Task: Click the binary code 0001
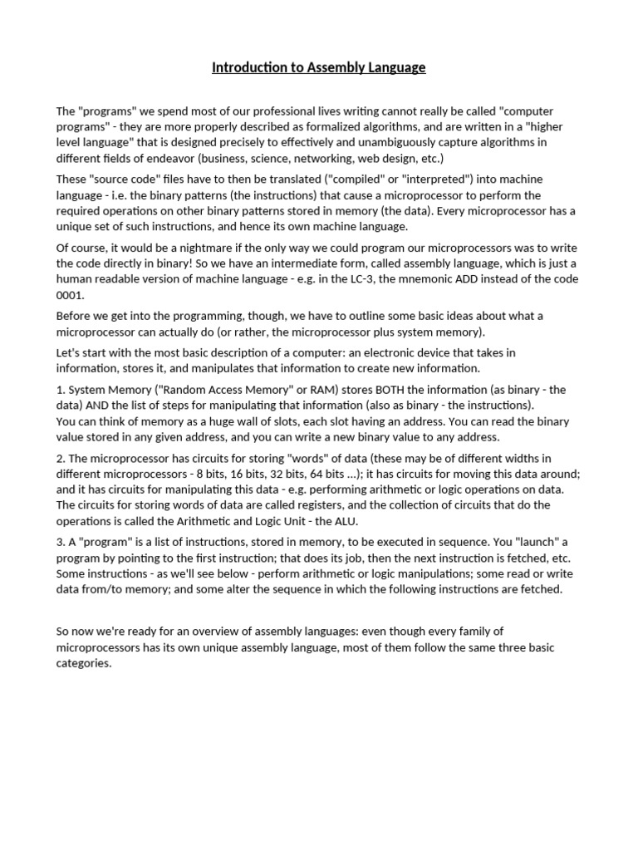point(70,295)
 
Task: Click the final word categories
point(83,663)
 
